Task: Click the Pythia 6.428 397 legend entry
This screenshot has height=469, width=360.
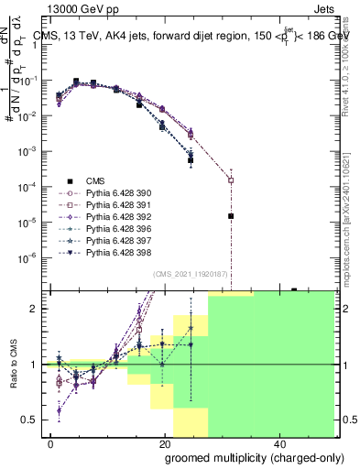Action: (x=119, y=241)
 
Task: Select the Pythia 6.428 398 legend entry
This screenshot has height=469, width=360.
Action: (x=119, y=253)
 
